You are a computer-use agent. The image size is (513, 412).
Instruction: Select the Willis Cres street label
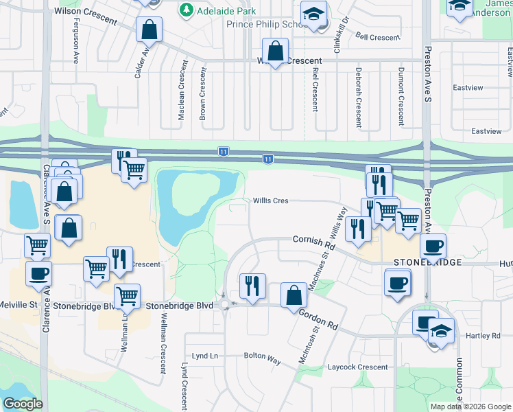pos(270,201)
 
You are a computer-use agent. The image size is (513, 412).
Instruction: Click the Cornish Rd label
pos(313,242)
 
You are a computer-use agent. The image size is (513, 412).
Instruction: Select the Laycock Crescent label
pos(358,367)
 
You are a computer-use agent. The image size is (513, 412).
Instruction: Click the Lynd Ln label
pos(204,356)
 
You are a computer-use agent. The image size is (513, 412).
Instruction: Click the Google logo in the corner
pos(23,404)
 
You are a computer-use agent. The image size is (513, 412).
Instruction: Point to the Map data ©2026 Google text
pos(470,407)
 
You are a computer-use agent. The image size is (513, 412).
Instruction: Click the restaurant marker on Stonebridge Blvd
pos(252,286)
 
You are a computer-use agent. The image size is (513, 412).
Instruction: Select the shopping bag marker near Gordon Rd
pos(294,295)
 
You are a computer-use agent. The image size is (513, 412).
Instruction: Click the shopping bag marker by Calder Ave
pos(148,30)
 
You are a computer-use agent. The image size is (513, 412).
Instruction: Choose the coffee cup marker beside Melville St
pos(38,273)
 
